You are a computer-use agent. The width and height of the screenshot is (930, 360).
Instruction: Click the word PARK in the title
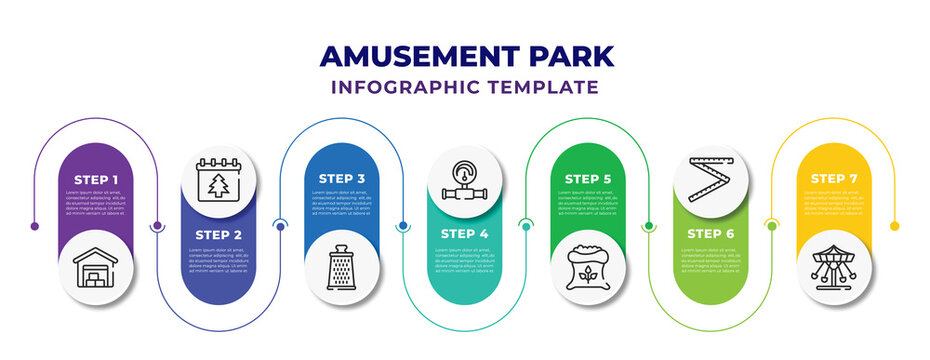coord(566,55)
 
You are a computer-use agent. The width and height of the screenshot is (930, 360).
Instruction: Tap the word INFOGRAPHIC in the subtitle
coord(403,87)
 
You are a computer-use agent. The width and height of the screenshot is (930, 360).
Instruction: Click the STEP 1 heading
coord(96,179)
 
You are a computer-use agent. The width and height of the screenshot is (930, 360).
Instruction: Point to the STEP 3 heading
coord(342,179)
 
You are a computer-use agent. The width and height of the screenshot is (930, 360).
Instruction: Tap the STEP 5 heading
coord(587,179)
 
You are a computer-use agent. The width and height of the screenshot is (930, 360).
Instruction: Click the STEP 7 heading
coord(833,179)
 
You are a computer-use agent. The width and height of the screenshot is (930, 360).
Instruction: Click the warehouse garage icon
coord(96,268)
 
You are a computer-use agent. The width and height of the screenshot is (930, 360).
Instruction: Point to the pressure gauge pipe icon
coord(464,180)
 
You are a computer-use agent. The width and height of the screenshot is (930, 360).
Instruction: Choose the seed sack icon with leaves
coord(587,268)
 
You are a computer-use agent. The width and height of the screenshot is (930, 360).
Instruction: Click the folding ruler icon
coord(710,180)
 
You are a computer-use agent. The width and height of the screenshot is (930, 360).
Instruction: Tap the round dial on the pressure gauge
coord(464,168)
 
